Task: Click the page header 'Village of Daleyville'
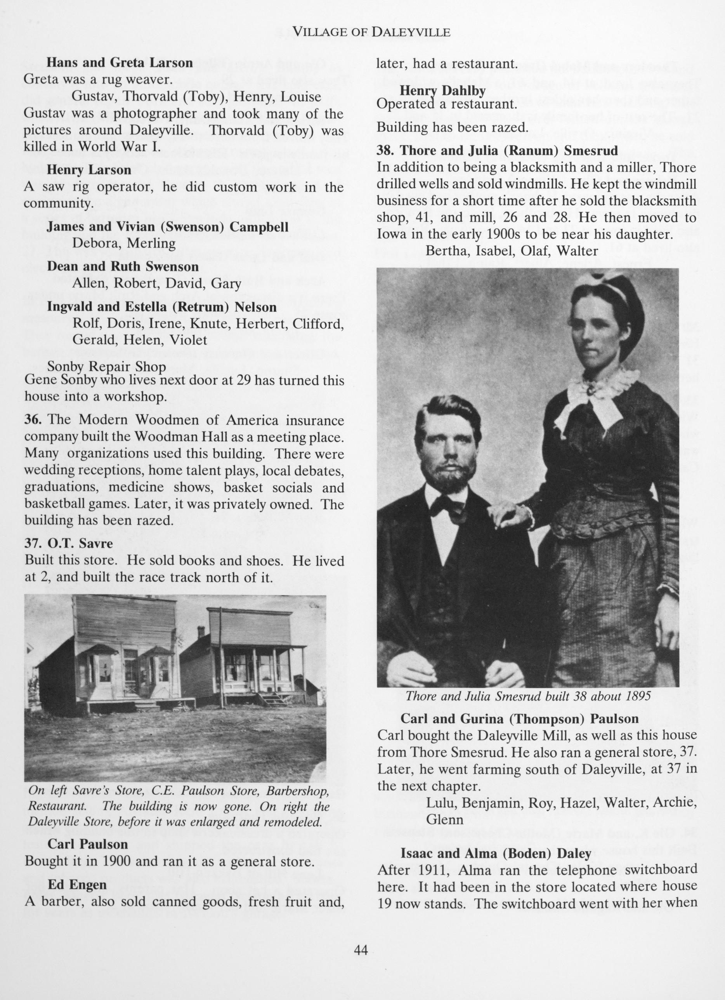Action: coord(371,32)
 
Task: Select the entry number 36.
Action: coord(33,420)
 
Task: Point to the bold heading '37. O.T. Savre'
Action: coord(69,544)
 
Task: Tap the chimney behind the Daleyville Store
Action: coord(201,632)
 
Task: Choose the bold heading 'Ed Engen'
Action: coord(77,885)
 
